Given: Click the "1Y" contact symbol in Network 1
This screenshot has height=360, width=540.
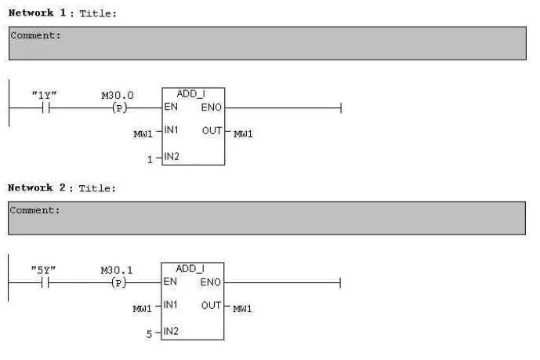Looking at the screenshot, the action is [46, 107].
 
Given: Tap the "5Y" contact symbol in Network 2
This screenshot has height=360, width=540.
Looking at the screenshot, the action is [45, 283].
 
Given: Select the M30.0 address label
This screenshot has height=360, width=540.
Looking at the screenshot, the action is [118, 95].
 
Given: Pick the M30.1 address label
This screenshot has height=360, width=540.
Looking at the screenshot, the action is [117, 270].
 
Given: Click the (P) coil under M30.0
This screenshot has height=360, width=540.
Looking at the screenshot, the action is [119, 108].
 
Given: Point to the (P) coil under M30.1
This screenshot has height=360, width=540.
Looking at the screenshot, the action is [119, 283].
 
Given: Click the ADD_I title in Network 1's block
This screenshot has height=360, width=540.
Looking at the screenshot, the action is [191, 93].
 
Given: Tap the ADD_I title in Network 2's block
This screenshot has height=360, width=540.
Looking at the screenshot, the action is [190, 269].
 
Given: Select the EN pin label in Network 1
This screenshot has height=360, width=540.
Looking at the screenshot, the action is [171, 107].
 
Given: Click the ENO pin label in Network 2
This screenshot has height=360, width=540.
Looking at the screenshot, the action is [210, 282].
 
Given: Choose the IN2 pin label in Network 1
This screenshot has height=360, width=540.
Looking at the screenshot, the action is [172, 157].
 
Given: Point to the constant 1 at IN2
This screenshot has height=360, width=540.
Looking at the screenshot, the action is [150, 159].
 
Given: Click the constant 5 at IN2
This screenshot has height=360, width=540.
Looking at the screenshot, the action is [149, 334].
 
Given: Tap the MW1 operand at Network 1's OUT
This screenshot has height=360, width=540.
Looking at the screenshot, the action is [243, 134].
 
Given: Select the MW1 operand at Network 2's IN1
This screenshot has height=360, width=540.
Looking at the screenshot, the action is [142, 309].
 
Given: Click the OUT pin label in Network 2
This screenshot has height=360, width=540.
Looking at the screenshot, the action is [211, 306].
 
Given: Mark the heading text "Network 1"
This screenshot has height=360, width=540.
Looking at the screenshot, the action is [37, 13].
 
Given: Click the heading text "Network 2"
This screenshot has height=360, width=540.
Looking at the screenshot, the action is [37, 187].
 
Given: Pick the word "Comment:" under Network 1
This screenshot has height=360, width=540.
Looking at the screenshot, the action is [35, 35].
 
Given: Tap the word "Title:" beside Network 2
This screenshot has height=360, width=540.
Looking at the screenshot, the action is [97, 188].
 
